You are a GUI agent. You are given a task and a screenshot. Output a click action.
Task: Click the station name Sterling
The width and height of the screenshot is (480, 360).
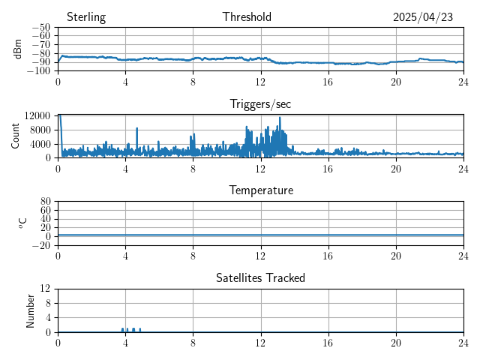click(86, 17)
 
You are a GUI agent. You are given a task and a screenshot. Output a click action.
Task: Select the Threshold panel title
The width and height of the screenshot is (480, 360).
click(247, 17)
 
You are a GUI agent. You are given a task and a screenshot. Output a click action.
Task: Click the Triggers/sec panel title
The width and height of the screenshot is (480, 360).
click(260, 104)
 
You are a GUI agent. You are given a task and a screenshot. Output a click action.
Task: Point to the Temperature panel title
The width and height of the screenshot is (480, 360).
click(261, 190)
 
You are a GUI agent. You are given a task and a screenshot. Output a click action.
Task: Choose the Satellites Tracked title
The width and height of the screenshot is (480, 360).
click(260, 278)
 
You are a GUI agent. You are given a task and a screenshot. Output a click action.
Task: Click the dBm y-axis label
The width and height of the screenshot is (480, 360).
click(18, 49)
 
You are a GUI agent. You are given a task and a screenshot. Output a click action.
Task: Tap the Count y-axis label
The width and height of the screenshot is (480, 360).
click(16, 136)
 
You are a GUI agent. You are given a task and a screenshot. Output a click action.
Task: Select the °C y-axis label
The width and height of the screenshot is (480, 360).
click(22, 223)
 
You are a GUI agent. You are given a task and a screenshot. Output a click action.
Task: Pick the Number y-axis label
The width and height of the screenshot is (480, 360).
click(31, 310)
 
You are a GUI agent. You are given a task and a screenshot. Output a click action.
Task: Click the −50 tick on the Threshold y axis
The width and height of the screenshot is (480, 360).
click(40, 27)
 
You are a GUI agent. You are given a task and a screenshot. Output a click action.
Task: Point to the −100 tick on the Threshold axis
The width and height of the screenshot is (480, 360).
click(38, 71)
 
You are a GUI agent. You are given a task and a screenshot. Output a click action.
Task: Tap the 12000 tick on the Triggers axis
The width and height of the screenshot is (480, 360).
click(37, 115)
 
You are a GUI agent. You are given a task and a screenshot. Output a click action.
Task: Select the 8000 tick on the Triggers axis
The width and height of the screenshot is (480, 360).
click(40, 130)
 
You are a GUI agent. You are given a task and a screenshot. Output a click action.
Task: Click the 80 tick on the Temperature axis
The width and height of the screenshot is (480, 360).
click(46, 202)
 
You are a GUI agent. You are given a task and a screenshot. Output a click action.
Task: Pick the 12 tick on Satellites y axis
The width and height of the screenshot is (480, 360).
click(46, 289)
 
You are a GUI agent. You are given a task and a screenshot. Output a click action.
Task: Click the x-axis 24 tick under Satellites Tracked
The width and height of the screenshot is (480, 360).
click(463, 342)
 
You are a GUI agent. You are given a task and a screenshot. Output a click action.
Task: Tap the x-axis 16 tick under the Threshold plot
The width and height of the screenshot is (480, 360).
click(328, 81)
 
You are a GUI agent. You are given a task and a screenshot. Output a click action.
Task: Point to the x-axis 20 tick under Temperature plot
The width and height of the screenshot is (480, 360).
click(396, 255)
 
